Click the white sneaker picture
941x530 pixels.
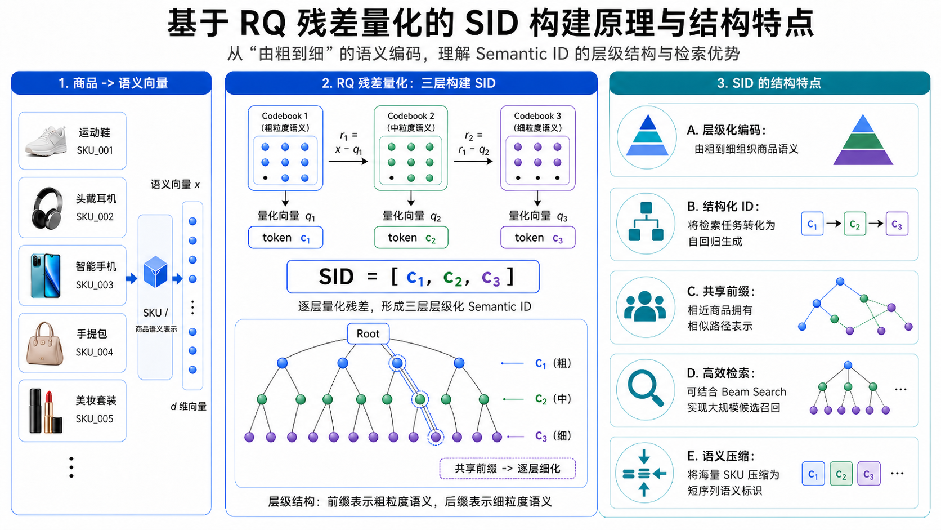[46, 141]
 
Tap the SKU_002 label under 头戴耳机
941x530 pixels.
[95, 217]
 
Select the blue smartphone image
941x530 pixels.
[46, 275]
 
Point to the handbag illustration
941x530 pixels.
[44, 344]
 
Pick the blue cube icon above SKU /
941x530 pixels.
[155, 271]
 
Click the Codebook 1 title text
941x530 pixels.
[285, 116]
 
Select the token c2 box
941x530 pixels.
[411, 238]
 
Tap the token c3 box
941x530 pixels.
[537, 238]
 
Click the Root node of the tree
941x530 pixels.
[368, 334]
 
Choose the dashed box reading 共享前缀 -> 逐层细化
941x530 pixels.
[508, 469]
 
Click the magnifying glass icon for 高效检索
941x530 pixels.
[646, 389]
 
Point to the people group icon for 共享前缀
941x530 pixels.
[646, 306]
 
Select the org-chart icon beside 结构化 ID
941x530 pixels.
[646, 221]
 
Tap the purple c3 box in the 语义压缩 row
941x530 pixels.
[869, 474]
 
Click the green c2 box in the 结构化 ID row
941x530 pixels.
[855, 224]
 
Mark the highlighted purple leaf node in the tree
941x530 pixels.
[436, 437]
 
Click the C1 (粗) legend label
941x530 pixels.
[553, 363]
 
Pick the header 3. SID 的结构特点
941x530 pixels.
[769, 83]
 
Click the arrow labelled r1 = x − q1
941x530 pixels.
[348, 161]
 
